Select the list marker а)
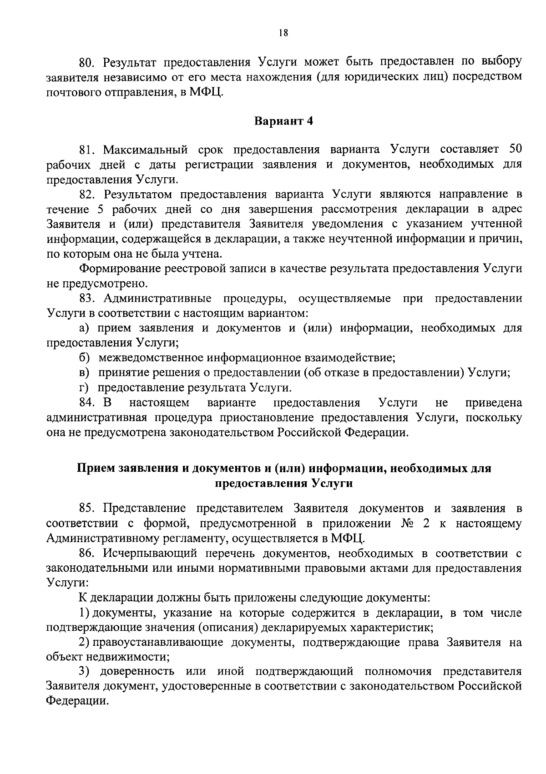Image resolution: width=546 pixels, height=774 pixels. click(83, 328)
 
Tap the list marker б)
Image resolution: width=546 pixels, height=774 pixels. click(83, 358)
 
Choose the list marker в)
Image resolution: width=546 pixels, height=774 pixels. click(83, 373)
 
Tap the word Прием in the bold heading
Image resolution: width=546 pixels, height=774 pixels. click(95, 468)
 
